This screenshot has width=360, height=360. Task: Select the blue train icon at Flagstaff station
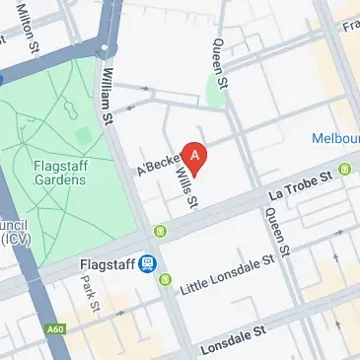[x=148, y=263]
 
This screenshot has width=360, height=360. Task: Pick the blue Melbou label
[x=334, y=139]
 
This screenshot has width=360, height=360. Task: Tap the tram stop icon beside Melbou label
[x=345, y=169]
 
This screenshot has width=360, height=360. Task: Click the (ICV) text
[x=14, y=239]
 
